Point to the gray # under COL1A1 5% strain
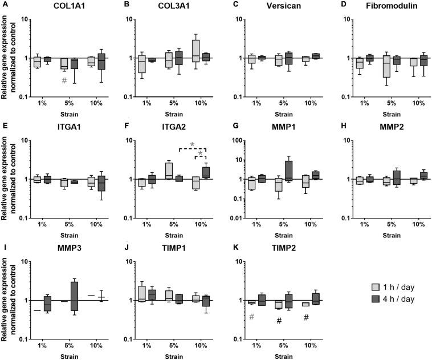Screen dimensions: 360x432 tap(64, 80)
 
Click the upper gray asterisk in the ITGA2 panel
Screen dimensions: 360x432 tap(193, 145)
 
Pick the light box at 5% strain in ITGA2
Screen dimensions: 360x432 tap(169, 171)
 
